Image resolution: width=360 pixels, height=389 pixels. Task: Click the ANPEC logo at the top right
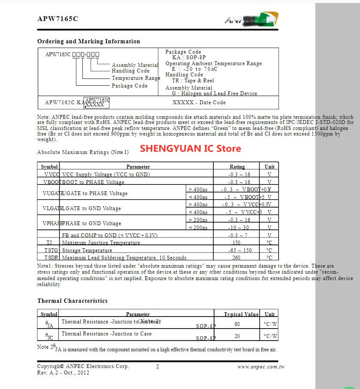coord(251,19)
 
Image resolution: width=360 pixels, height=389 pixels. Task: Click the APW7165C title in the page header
coord(57,19)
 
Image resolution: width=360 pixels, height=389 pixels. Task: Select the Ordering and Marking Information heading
coord(88,42)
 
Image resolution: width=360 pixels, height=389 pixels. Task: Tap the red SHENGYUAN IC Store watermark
coord(191,148)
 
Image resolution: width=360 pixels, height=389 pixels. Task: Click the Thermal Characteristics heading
coord(73,301)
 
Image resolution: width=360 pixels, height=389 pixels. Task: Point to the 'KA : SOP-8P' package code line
coord(189,57)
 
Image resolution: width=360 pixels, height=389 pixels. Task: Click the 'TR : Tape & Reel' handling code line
coord(193,81)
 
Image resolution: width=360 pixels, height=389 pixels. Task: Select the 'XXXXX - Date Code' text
coord(199,103)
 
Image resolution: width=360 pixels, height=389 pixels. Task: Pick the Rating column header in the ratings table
coord(237,167)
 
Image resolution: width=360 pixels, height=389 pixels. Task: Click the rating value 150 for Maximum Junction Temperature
coord(237,243)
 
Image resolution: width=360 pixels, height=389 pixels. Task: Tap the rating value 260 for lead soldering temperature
coord(236,258)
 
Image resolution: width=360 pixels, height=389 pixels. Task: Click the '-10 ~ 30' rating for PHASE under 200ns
coord(239,228)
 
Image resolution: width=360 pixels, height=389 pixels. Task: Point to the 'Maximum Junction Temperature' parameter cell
coord(101,243)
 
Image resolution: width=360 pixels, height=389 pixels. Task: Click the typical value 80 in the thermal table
coord(237,324)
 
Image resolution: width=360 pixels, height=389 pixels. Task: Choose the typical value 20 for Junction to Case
coord(237,336)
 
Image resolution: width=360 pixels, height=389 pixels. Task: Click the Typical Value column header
coord(242,314)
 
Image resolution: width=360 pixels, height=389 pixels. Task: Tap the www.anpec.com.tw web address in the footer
coord(261,367)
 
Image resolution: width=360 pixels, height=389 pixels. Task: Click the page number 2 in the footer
coord(157,367)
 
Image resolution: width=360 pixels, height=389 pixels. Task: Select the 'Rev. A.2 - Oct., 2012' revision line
coord(63,373)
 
